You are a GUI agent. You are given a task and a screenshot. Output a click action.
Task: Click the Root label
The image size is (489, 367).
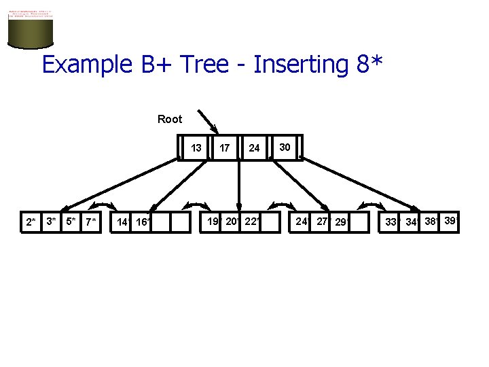click(x=170, y=119)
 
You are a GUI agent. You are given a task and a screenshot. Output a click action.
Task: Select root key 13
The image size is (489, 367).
click(x=196, y=147)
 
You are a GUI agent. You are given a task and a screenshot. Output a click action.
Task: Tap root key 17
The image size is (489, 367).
click(x=225, y=147)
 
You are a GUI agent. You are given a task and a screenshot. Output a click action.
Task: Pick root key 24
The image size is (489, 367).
click(x=254, y=147)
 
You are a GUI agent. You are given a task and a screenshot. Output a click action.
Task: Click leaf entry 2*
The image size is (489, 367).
click(x=30, y=222)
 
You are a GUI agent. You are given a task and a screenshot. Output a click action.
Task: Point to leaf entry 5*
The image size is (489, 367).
click(x=71, y=221)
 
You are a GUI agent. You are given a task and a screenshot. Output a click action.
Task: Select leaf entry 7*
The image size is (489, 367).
click(x=91, y=222)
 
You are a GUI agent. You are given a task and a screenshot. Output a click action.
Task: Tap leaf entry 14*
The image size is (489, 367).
click(x=123, y=222)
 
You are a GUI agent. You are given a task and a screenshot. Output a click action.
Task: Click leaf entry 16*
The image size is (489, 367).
click(x=142, y=222)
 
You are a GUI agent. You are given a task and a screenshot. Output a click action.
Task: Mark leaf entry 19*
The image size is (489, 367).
click(x=213, y=221)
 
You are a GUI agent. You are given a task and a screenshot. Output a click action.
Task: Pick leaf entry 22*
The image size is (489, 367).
click(x=251, y=221)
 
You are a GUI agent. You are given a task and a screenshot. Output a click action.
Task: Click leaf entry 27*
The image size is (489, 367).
click(x=322, y=221)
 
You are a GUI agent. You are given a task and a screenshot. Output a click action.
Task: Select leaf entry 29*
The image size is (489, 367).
click(x=341, y=222)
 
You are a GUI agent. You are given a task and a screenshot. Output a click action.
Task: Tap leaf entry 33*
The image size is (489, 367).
click(x=391, y=222)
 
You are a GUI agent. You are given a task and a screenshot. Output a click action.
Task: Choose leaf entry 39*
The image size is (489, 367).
click(x=450, y=220)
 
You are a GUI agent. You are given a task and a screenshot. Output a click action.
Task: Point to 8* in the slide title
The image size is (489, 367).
click(x=368, y=64)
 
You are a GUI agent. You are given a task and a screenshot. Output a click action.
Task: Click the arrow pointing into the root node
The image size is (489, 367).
click(x=208, y=121)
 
